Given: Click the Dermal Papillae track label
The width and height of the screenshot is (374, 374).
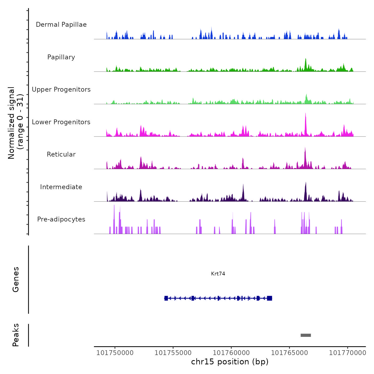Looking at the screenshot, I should tap(61, 25).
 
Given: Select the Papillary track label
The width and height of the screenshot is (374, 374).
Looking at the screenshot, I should tap(61, 57).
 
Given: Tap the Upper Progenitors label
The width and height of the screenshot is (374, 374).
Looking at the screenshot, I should tap(61, 89).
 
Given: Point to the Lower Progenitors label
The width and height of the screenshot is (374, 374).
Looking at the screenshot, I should tap(61, 122).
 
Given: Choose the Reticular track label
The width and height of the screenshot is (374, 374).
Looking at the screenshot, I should tap(61, 154).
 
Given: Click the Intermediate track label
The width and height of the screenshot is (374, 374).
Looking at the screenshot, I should tap(61, 187).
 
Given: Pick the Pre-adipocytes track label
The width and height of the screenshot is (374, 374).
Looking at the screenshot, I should tap(61, 219).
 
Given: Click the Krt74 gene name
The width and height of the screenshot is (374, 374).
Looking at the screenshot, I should tap(218, 274).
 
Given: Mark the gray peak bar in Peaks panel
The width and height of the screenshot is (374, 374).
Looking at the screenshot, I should tap(306, 335).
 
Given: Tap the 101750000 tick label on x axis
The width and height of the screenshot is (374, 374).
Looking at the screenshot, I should tap(115, 353).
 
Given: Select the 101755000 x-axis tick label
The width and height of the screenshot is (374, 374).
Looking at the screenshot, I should tap(173, 353).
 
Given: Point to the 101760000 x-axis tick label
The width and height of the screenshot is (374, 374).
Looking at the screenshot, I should tap(231, 353).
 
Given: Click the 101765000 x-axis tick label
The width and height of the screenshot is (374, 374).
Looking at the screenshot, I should tap(290, 353).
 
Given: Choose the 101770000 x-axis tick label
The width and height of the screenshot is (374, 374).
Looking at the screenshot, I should tap(348, 353).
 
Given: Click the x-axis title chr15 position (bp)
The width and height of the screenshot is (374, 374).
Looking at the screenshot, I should tap(230, 362).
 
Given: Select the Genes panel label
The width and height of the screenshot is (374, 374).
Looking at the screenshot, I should tap(16, 279).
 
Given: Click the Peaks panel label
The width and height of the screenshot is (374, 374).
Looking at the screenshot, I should tap(16, 335).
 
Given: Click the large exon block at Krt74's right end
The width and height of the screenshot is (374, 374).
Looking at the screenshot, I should tap(270, 298).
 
